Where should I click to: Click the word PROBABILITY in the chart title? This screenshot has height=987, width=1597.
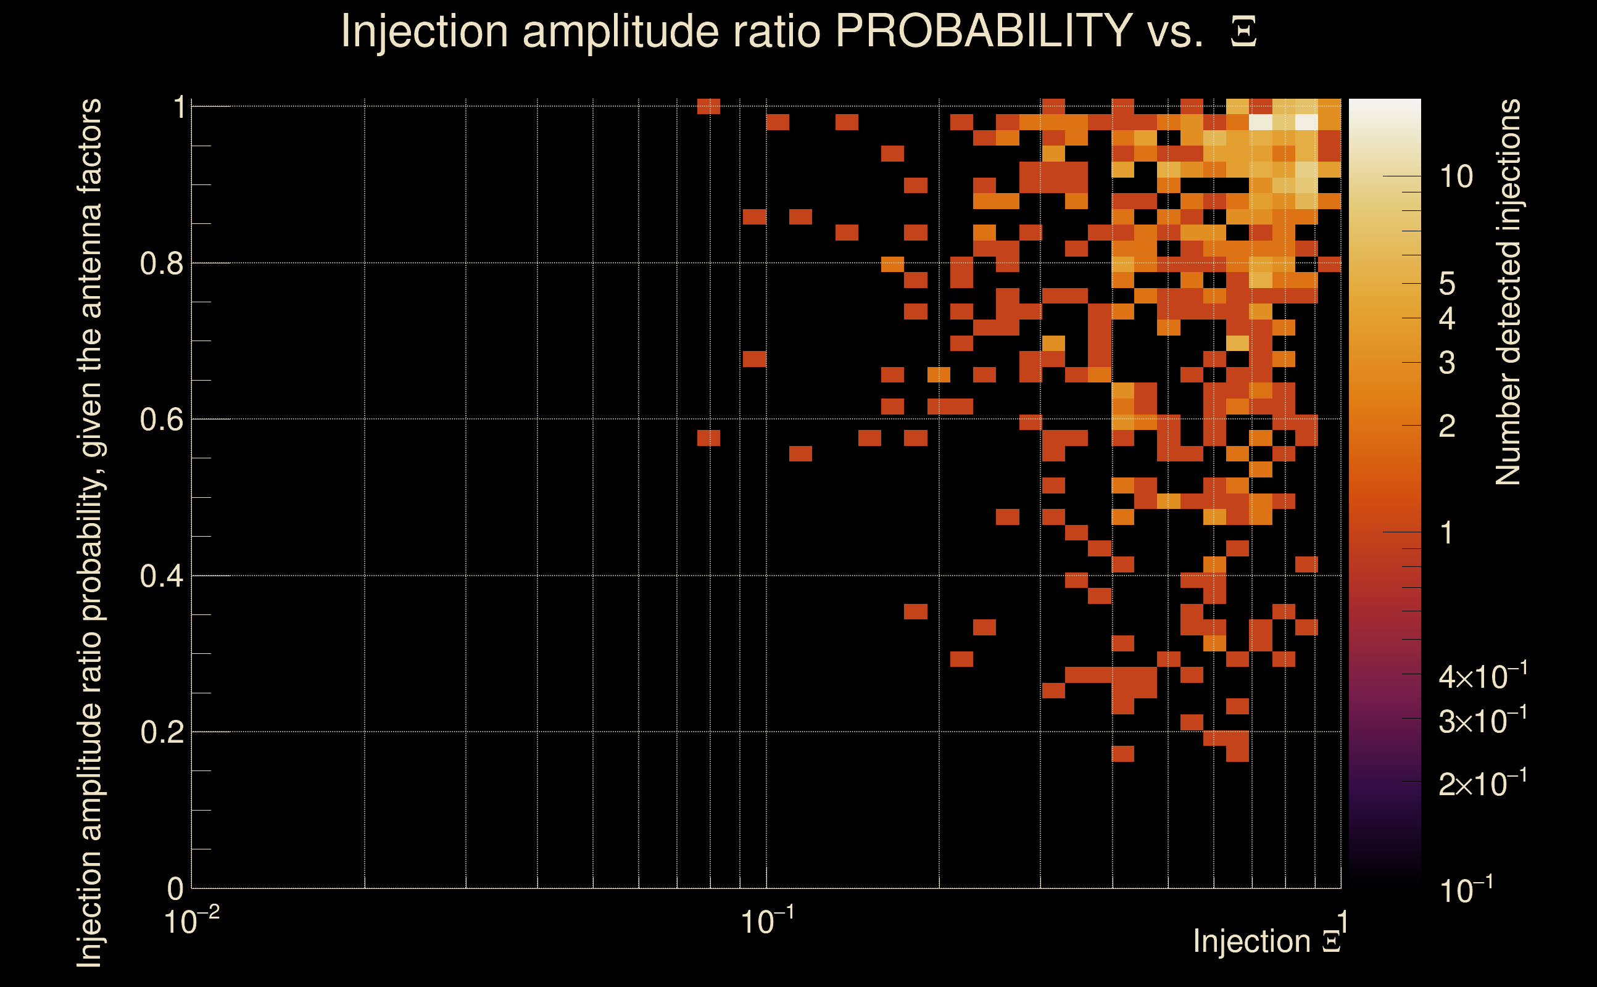click(984, 31)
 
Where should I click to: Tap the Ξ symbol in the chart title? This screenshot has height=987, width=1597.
click(1243, 32)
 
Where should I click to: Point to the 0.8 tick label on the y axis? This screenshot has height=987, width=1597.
click(161, 264)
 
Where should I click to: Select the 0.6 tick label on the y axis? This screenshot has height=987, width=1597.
click(161, 419)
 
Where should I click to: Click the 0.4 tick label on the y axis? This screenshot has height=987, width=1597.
click(161, 576)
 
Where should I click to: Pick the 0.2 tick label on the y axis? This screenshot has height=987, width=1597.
click(161, 732)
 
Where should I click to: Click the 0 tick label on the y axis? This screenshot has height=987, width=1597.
click(176, 889)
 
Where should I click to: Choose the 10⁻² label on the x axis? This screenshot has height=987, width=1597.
click(191, 922)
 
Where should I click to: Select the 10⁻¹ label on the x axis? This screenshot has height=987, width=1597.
click(767, 922)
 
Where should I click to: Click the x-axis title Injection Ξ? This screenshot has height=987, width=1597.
click(1267, 941)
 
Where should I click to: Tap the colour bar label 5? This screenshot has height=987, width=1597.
click(1447, 284)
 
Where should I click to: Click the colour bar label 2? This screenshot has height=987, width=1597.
click(1447, 426)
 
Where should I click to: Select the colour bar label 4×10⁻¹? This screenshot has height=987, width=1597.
click(1482, 677)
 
